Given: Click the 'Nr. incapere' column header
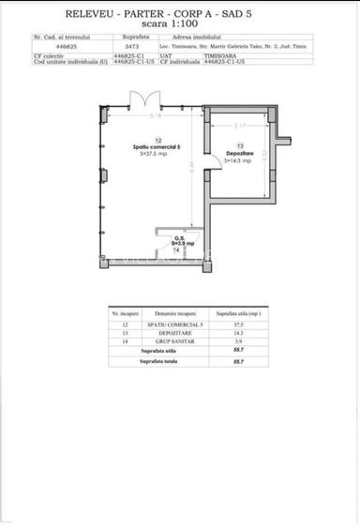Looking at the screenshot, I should tap(126, 315).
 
